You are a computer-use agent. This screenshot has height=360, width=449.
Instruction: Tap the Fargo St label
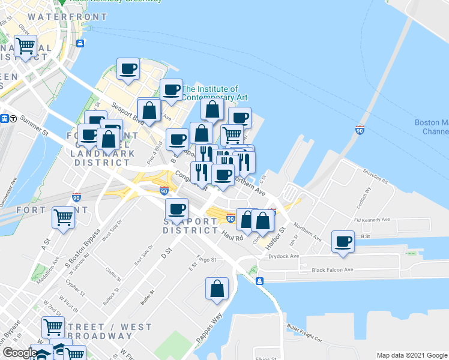coord(206,261)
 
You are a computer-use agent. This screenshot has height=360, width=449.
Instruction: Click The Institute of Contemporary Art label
coord(214,93)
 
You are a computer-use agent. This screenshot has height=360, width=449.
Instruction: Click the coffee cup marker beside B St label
coord(343,242)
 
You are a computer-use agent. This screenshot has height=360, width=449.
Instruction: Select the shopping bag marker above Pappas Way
coord(217,289)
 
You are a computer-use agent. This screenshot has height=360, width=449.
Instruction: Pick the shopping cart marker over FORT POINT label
coord(63,217)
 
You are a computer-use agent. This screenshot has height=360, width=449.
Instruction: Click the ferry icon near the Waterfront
coord(79,43)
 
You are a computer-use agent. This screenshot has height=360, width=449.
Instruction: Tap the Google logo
coord(20,353)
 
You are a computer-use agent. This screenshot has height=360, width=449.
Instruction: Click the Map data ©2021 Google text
coord(411,355)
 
